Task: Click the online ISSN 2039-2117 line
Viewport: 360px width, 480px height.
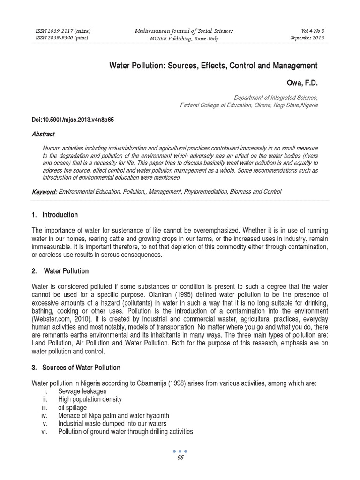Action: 63,30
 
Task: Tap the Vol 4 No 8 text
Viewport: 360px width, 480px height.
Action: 305,30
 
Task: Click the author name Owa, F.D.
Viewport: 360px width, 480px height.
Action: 302,83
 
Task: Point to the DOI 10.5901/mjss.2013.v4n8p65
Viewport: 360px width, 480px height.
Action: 73,120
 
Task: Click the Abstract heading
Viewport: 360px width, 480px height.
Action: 43,134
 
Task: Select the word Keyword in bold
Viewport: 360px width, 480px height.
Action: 45,192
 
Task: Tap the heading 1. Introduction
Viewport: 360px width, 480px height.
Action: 55,215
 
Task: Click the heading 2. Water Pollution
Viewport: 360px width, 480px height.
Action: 60,271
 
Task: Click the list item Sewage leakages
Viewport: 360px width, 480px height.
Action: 82,391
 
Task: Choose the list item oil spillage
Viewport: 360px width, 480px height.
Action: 72,408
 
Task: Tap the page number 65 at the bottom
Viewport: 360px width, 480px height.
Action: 180,458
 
